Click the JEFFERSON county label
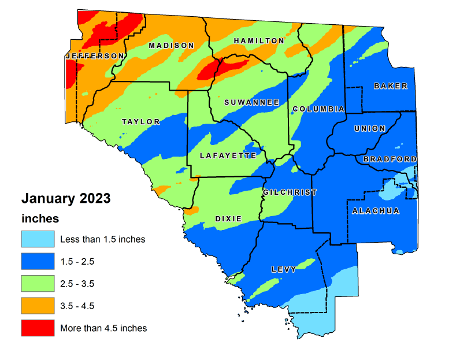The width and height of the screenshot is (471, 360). tap(95, 56)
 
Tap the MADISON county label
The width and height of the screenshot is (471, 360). tap(172, 46)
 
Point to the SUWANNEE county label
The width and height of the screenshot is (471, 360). tap(252, 102)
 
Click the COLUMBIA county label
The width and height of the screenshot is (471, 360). tap(318, 109)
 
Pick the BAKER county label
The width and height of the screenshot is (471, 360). tap(390, 86)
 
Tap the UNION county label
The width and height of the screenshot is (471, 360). tap(369, 128)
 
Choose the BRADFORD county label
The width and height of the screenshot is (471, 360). tap(390, 159)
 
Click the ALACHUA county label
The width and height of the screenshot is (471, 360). tap(376, 211)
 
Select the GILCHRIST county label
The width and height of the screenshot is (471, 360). tap(290, 192)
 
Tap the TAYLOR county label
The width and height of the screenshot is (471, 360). tap(140, 122)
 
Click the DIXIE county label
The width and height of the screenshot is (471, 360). tap(228, 218)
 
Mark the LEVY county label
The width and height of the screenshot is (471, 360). tap(284, 269)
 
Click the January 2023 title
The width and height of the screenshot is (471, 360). tap(66, 199)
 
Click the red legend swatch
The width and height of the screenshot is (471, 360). tap(38, 328)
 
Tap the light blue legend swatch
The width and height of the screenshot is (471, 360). tap(38, 239)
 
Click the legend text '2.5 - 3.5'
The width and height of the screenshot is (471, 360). tap(77, 284)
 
